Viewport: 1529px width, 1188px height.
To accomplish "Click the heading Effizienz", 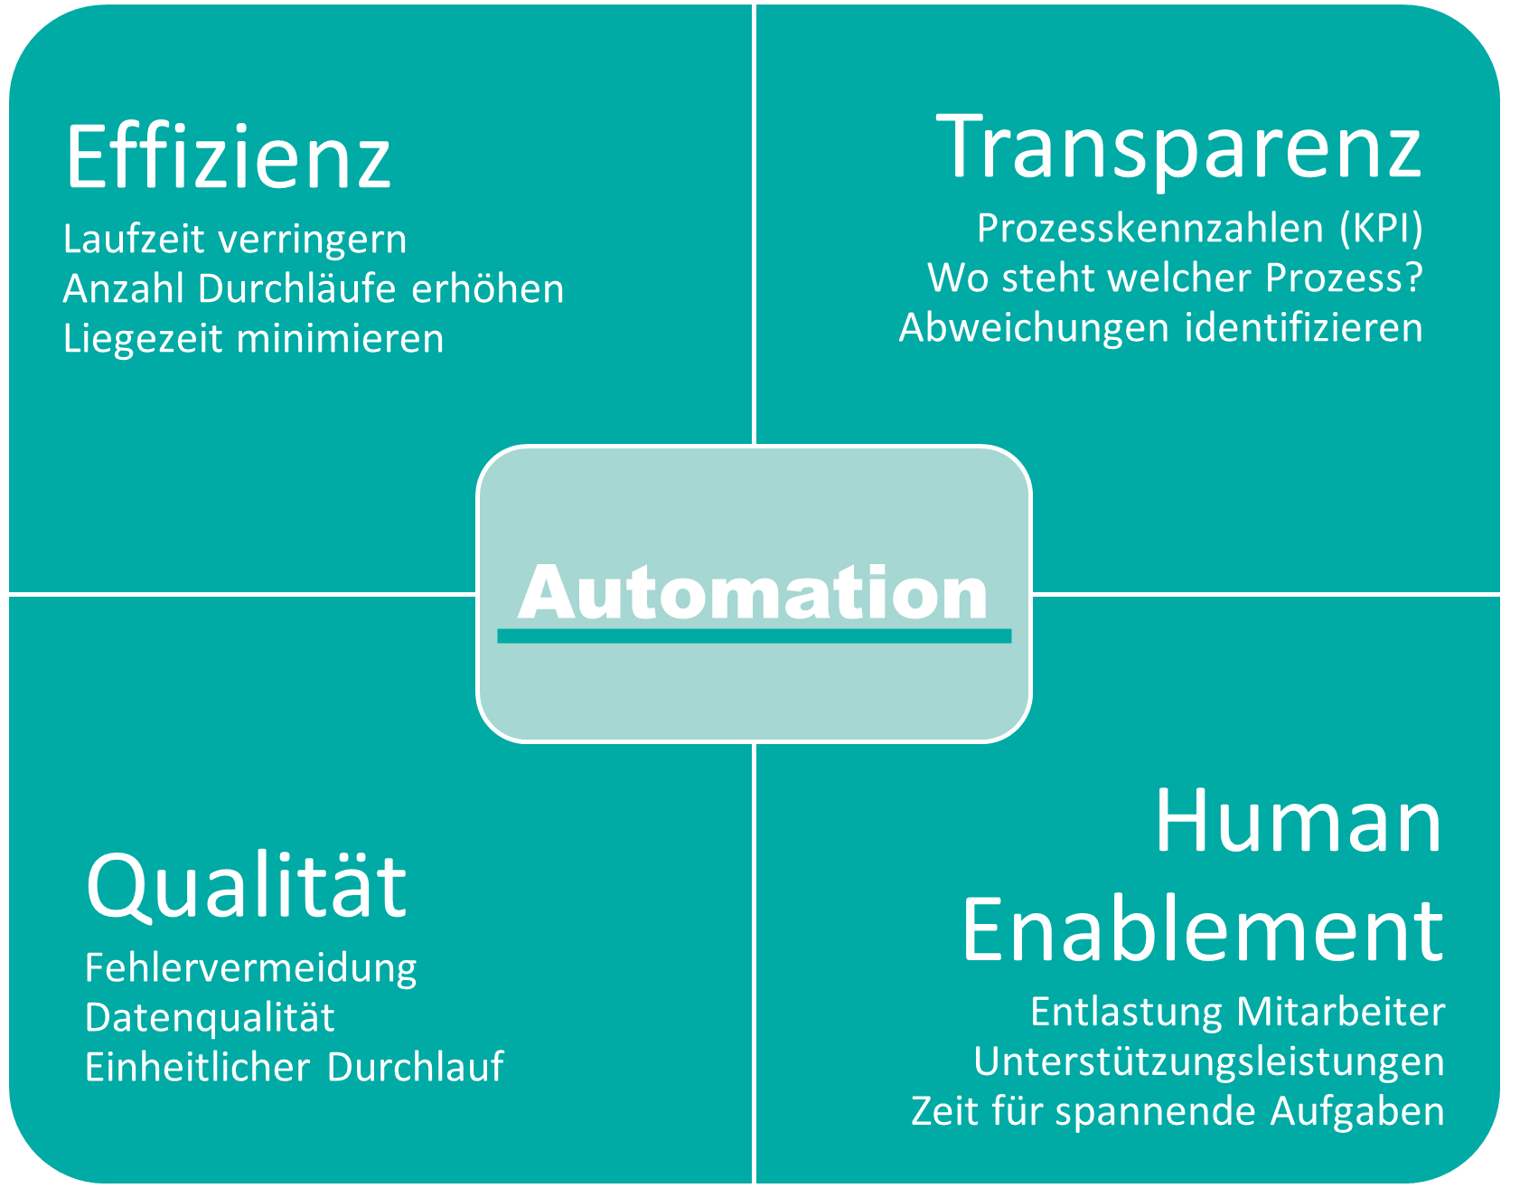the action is (x=228, y=157).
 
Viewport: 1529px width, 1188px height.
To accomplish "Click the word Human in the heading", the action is (x=1299, y=820).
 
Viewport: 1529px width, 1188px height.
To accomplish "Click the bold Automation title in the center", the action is (x=753, y=593).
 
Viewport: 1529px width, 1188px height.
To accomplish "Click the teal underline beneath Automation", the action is (x=754, y=636).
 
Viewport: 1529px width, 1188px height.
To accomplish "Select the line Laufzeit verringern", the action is (x=235, y=240).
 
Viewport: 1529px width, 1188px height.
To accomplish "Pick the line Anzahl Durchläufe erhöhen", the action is (x=314, y=289).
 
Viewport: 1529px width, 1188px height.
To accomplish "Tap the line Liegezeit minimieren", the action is (x=254, y=339).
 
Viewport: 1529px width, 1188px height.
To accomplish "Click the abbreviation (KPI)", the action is (x=1382, y=229).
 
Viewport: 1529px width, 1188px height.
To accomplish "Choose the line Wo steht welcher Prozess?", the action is (x=1175, y=278).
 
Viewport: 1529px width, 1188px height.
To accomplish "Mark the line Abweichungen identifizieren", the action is (x=1161, y=327).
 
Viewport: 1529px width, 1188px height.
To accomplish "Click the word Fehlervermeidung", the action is (x=251, y=968).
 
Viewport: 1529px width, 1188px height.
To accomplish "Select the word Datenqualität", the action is (x=210, y=1018).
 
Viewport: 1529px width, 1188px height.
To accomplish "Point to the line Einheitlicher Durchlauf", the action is (x=295, y=1068).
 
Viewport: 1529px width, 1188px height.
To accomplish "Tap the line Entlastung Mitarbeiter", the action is (x=1237, y=1012).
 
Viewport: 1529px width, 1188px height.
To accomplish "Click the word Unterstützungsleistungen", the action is (x=1209, y=1061).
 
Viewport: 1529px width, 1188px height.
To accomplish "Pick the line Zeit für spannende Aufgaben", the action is (x=1178, y=1111).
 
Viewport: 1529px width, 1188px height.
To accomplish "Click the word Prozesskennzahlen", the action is (x=1150, y=229).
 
